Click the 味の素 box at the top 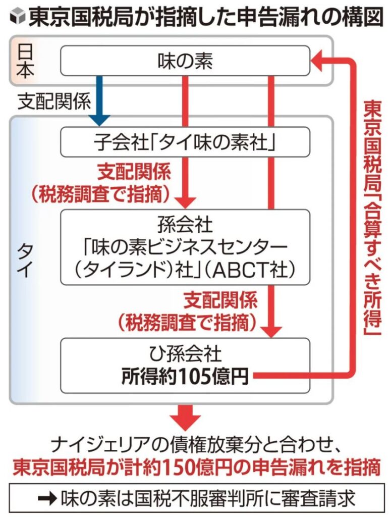pyautogui.click(x=185, y=61)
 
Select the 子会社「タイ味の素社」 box pyautogui.click(x=185, y=142)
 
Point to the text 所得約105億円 pyautogui.click(x=185, y=377)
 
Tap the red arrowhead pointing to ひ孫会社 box pyautogui.click(x=272, y=332)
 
